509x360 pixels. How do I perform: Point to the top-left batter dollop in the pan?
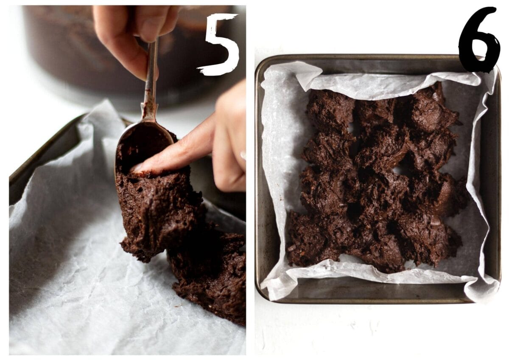tap(330, 111)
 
